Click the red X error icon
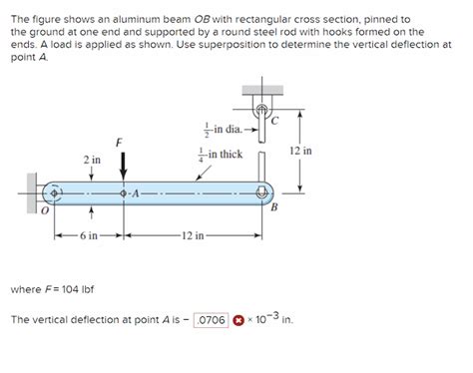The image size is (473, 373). pos(238,320)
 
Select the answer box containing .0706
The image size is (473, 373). pos(212,320)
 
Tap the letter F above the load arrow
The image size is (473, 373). pos(120,142)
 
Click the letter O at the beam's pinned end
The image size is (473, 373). pos(44,211)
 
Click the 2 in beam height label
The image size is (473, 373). pos(91,160)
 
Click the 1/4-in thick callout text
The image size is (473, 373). pos(221,155)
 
